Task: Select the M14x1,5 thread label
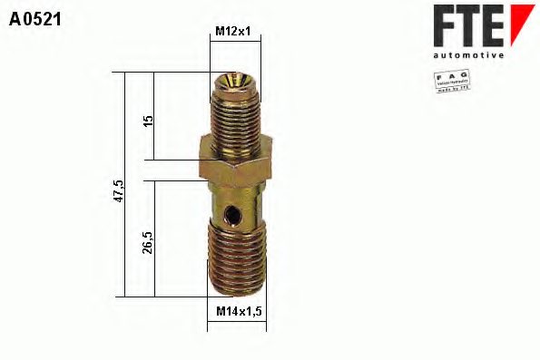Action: click(240, 312)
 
